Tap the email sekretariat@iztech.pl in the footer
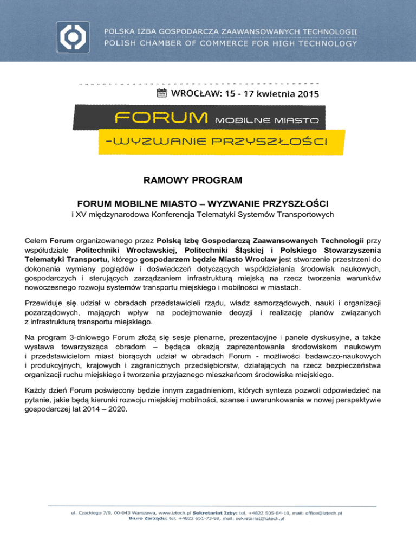259,518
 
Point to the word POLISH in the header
122,43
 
